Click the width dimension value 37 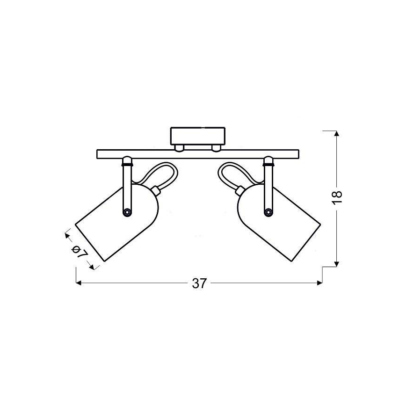point(199,283)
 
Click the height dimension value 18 point(337,197)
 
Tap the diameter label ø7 point(80,252)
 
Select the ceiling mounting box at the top point(197,136)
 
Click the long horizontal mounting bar point(198,154)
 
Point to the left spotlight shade point(117,223)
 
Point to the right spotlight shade point(279,223)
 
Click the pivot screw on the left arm point(127,212)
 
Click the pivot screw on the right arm point(268,212)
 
